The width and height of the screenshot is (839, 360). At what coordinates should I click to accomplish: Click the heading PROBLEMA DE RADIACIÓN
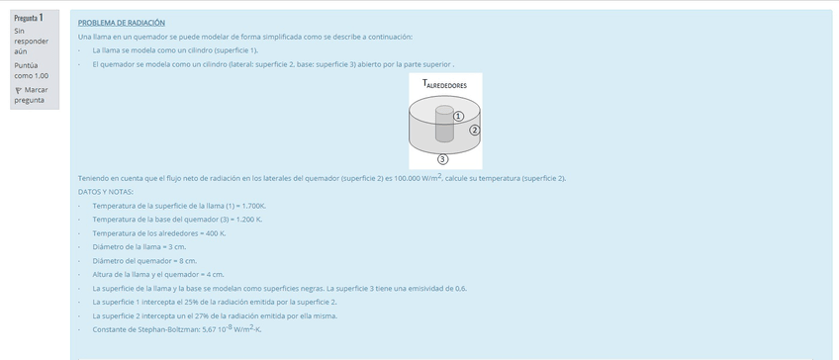122,22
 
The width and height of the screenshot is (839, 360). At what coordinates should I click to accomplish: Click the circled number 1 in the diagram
458,116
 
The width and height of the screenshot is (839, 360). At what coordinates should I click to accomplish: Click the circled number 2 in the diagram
474,130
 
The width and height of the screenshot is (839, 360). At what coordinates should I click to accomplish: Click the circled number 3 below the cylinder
442,158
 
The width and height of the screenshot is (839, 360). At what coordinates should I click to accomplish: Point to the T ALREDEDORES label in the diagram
444,85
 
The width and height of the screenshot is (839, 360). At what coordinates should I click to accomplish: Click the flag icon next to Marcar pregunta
19,90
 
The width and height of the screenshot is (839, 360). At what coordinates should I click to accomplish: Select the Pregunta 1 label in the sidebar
29,18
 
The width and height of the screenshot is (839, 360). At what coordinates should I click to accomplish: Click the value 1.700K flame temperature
251,205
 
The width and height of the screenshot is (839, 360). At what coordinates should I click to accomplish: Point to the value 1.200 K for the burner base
247,219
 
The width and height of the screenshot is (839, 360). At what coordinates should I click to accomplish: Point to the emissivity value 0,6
460,288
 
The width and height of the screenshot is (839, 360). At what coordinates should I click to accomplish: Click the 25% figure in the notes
174,302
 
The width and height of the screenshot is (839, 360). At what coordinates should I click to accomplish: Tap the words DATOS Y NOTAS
106,191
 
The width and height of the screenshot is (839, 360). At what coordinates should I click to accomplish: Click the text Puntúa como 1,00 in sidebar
31,69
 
